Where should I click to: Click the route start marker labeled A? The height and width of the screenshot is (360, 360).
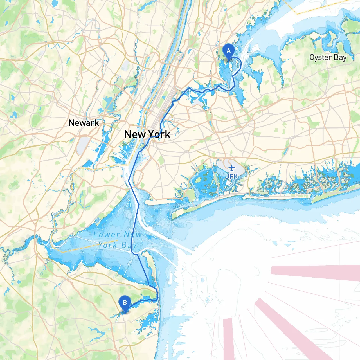coord(228,51)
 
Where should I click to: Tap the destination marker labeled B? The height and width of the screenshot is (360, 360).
coord(125,303)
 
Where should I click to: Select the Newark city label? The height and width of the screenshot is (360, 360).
coord(84,123)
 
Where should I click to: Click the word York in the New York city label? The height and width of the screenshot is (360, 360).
coord(159,134)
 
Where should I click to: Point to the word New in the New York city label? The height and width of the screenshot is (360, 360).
coord(135,134)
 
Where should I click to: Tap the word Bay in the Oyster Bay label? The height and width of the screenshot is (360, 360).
coord(340,57)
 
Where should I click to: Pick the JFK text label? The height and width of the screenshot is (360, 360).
coord(232,176)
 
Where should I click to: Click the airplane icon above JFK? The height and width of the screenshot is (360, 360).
coord(231,168)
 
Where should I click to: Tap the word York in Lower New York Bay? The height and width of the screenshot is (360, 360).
coord(108,245)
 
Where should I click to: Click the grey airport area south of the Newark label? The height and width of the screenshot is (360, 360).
coord(82,145)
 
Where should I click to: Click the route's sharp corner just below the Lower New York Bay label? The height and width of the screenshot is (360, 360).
coord(132,253)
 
